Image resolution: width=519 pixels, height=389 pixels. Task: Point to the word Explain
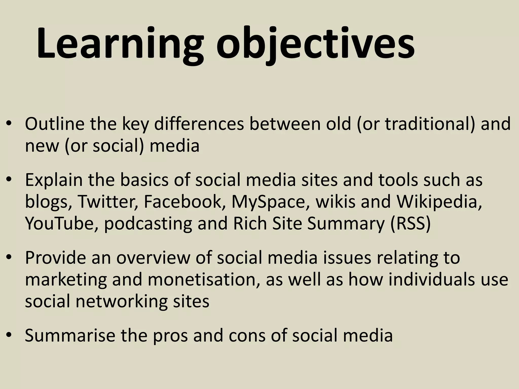click(54, 180)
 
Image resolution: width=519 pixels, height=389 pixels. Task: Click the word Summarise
click(70, 335)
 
